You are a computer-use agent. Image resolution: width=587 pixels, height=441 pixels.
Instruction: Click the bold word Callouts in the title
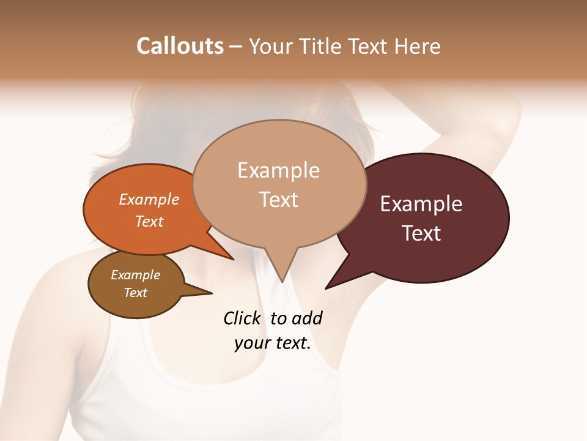[180, 46]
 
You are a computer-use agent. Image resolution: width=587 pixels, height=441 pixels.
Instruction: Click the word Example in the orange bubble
[149, 199]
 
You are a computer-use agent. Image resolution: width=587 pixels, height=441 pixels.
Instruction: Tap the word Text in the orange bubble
[149, 221]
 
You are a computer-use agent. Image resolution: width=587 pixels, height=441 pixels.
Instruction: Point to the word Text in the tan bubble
[278, 199]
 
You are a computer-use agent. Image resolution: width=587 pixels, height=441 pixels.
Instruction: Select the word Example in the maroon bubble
[421, 203]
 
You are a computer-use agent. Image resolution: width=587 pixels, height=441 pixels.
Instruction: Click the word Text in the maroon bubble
[421, 233]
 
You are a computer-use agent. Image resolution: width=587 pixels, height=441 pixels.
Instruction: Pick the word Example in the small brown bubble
[135, 275]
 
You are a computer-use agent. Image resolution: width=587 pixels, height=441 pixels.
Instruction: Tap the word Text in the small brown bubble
[135, 293]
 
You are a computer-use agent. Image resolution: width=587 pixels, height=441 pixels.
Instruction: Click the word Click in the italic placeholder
[243, 318]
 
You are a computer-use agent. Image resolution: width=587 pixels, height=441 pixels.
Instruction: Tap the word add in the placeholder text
[306, 318]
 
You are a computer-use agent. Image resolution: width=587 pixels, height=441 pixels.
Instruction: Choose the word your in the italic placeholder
[251, 343]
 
